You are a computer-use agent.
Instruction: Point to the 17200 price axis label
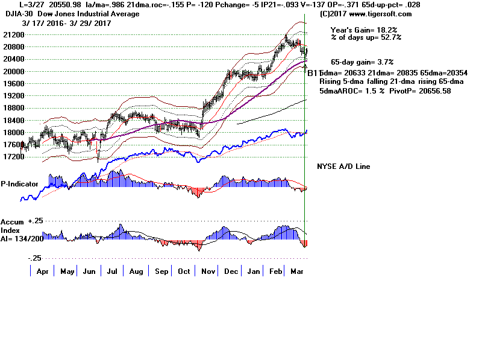(10, 157)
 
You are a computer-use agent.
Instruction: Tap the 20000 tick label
(10, 71)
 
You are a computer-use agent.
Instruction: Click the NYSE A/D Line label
(343, 167)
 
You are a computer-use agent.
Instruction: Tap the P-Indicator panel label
(19, 183)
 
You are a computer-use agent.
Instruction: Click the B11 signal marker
(314, 73)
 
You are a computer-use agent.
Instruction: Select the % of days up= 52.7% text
(366, 37)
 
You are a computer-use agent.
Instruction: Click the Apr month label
(43, 271)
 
